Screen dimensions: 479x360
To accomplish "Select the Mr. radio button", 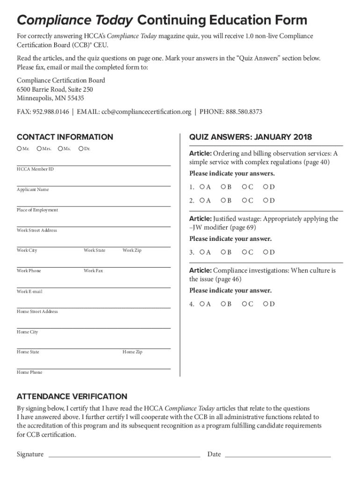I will click(x=19, y=149).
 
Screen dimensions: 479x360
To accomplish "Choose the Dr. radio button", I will click(x=81, y=149).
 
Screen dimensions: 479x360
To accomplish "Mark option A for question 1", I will click(x=202, y=187).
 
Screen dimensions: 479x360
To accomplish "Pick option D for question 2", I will click(x=266, y=201).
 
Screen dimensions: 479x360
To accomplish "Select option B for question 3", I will click(x=223, y=252).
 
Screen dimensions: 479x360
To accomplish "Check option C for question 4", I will click(x=244, y=304).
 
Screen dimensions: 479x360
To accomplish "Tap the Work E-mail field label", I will click(x=29, y=291).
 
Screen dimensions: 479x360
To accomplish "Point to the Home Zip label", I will click(x=132, y=352).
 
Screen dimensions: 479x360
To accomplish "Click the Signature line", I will click(x=124, y=455).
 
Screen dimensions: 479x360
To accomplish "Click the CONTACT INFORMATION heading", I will click(x=65, y=137).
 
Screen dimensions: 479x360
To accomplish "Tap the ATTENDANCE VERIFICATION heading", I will click(x=72, y=396).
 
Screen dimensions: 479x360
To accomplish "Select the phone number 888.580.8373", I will click(x=244, y=112).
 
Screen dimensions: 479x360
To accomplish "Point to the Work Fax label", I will click(x=94, y=271).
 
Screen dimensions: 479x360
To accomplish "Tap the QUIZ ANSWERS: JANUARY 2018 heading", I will click(x=251, y=137).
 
